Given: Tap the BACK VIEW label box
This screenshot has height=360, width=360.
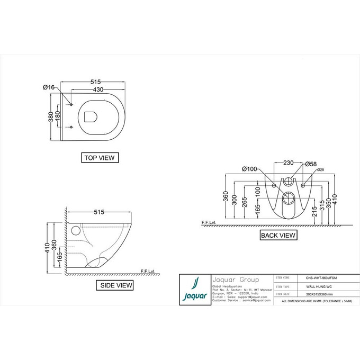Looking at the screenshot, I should pyautogui.click(x=278, y=235).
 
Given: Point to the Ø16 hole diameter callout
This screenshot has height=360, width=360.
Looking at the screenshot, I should pyautogui.click(x=49, y=87).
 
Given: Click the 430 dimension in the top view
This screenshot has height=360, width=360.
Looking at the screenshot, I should pyautogui.click(x=98, y=90).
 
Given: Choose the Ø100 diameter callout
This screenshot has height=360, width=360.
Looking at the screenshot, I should pyautogui.click(x=249, y=169).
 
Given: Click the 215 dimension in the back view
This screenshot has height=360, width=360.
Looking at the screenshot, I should pyautogui.click(x=314, y=211).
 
